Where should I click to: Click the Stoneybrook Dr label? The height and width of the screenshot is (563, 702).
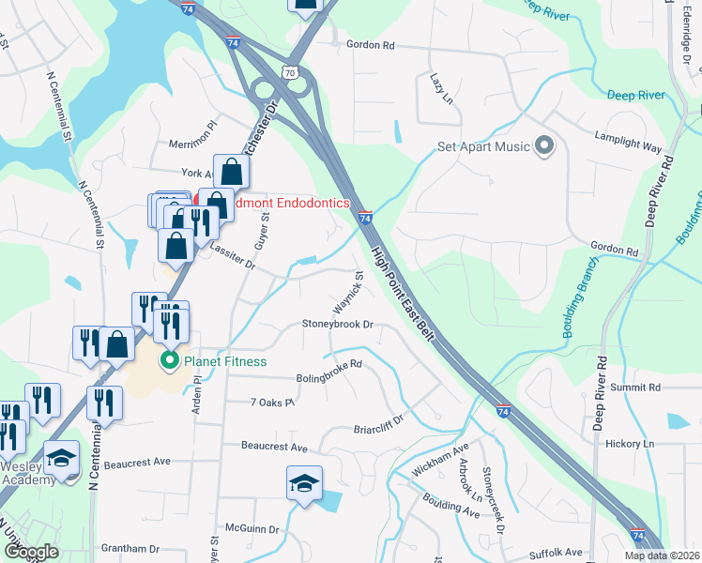[338, 325]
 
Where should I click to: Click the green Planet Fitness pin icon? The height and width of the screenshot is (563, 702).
[170, 360]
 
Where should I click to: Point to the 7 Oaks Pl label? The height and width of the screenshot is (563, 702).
[272, 403]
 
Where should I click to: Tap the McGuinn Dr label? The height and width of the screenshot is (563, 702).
[248, 529]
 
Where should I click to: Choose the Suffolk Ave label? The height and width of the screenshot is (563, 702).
[560, 553]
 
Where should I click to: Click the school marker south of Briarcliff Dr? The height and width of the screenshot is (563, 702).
[304, 484]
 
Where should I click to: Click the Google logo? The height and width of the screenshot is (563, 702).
[30, 553]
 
